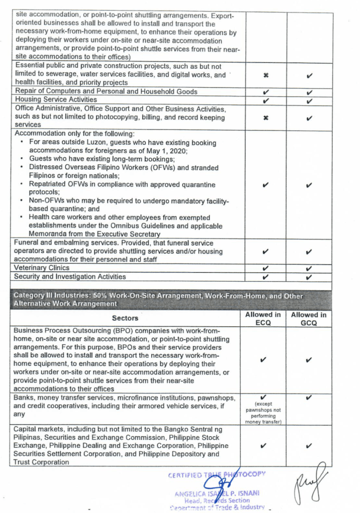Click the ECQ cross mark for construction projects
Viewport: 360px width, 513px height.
[x=266, y=75]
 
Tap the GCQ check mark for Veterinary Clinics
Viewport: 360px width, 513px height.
[x=309, y=269]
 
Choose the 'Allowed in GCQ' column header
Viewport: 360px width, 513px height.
[x=309, y=319]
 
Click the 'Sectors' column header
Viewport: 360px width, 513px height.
[x=125, y=318]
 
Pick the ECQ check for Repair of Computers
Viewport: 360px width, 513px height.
[x=266, y=92]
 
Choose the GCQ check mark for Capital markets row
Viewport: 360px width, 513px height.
[x=309, y=445]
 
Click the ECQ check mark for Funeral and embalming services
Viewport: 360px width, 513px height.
[x=266, y=251]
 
